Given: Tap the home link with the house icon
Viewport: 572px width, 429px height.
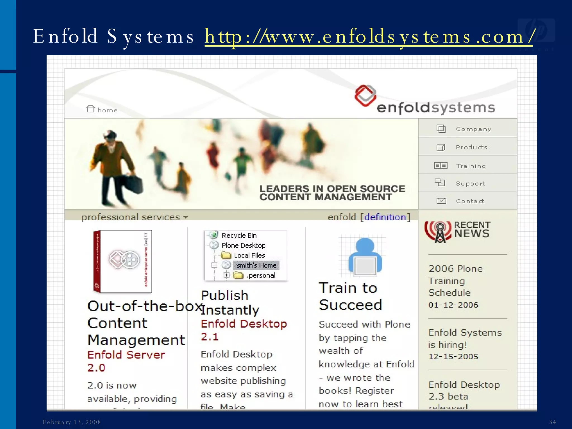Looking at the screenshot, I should coord(102,110).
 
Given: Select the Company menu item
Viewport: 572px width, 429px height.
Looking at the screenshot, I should coord(473,129).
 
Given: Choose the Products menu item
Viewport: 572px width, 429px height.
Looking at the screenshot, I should coord(471,147).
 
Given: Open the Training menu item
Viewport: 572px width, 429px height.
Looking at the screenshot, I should coord(471,166).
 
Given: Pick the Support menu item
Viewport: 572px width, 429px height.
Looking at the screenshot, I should coord(470,183).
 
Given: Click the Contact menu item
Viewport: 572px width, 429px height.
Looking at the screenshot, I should coord(470,201).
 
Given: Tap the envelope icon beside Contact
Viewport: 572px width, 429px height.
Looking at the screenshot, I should coord(441,201).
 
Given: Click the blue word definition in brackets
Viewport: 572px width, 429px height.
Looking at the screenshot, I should coord(385,217).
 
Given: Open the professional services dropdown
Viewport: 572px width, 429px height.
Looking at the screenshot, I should coord(134,217).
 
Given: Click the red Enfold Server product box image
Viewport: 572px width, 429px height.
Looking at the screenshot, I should coord(123,261).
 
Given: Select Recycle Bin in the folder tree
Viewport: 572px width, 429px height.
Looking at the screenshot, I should coord(239,235).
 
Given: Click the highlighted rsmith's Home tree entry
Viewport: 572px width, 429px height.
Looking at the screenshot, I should coord(255,265).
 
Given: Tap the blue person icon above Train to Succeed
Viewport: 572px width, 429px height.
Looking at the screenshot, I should coord(365,256).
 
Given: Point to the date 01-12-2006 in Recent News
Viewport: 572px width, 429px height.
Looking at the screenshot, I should coord(453,305).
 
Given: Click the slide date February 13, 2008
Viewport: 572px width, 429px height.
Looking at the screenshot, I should coord(72,422).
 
